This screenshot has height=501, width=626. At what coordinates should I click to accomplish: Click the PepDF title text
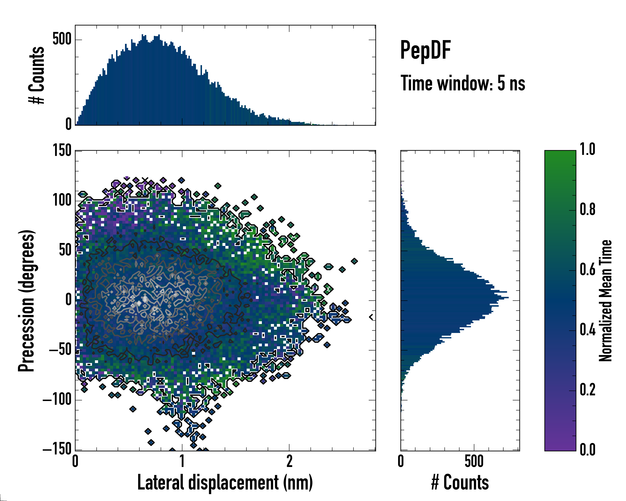pos(425,50)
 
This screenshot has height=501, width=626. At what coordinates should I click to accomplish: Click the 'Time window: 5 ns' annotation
pos(463,83)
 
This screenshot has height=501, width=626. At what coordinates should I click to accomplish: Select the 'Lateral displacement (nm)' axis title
pos(225,483)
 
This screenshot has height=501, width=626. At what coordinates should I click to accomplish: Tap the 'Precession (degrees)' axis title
pos(27,301)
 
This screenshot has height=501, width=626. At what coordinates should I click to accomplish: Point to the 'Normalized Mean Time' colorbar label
pos(605,301)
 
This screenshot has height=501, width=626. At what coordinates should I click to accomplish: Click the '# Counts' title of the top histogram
pos(37,75)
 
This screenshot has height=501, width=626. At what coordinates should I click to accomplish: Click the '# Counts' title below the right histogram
pos(460,483)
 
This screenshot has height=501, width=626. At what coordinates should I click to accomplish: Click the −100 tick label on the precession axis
pos(57,400)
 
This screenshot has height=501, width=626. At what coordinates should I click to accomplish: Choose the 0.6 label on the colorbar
pos(587,269)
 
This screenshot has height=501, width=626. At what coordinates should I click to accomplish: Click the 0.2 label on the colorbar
pos(587,390)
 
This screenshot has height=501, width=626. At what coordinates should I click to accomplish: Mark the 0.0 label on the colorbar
pos(587,450)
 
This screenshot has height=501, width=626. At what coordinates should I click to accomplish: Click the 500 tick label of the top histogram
pos(62,39)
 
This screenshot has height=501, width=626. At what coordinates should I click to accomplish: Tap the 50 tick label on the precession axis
pos(65,250)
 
